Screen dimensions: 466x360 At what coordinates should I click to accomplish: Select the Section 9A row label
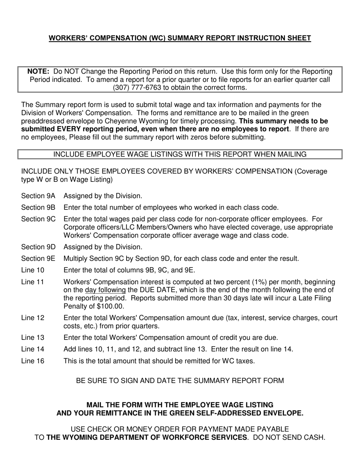tap(38, 196)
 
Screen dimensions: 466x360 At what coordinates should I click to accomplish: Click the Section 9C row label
tap(38, 219)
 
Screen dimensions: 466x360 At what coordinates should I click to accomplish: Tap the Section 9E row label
tap(38, 259)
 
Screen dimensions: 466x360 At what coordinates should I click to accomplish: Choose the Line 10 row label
tap(33, 271)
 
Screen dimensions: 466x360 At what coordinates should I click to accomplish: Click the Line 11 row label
tap(33, 282)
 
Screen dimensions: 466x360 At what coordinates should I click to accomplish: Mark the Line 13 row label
tap(33, 338)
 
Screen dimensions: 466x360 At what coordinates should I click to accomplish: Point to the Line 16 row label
tap(33, 361)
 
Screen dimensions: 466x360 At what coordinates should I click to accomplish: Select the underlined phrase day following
tap(105, 290)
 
